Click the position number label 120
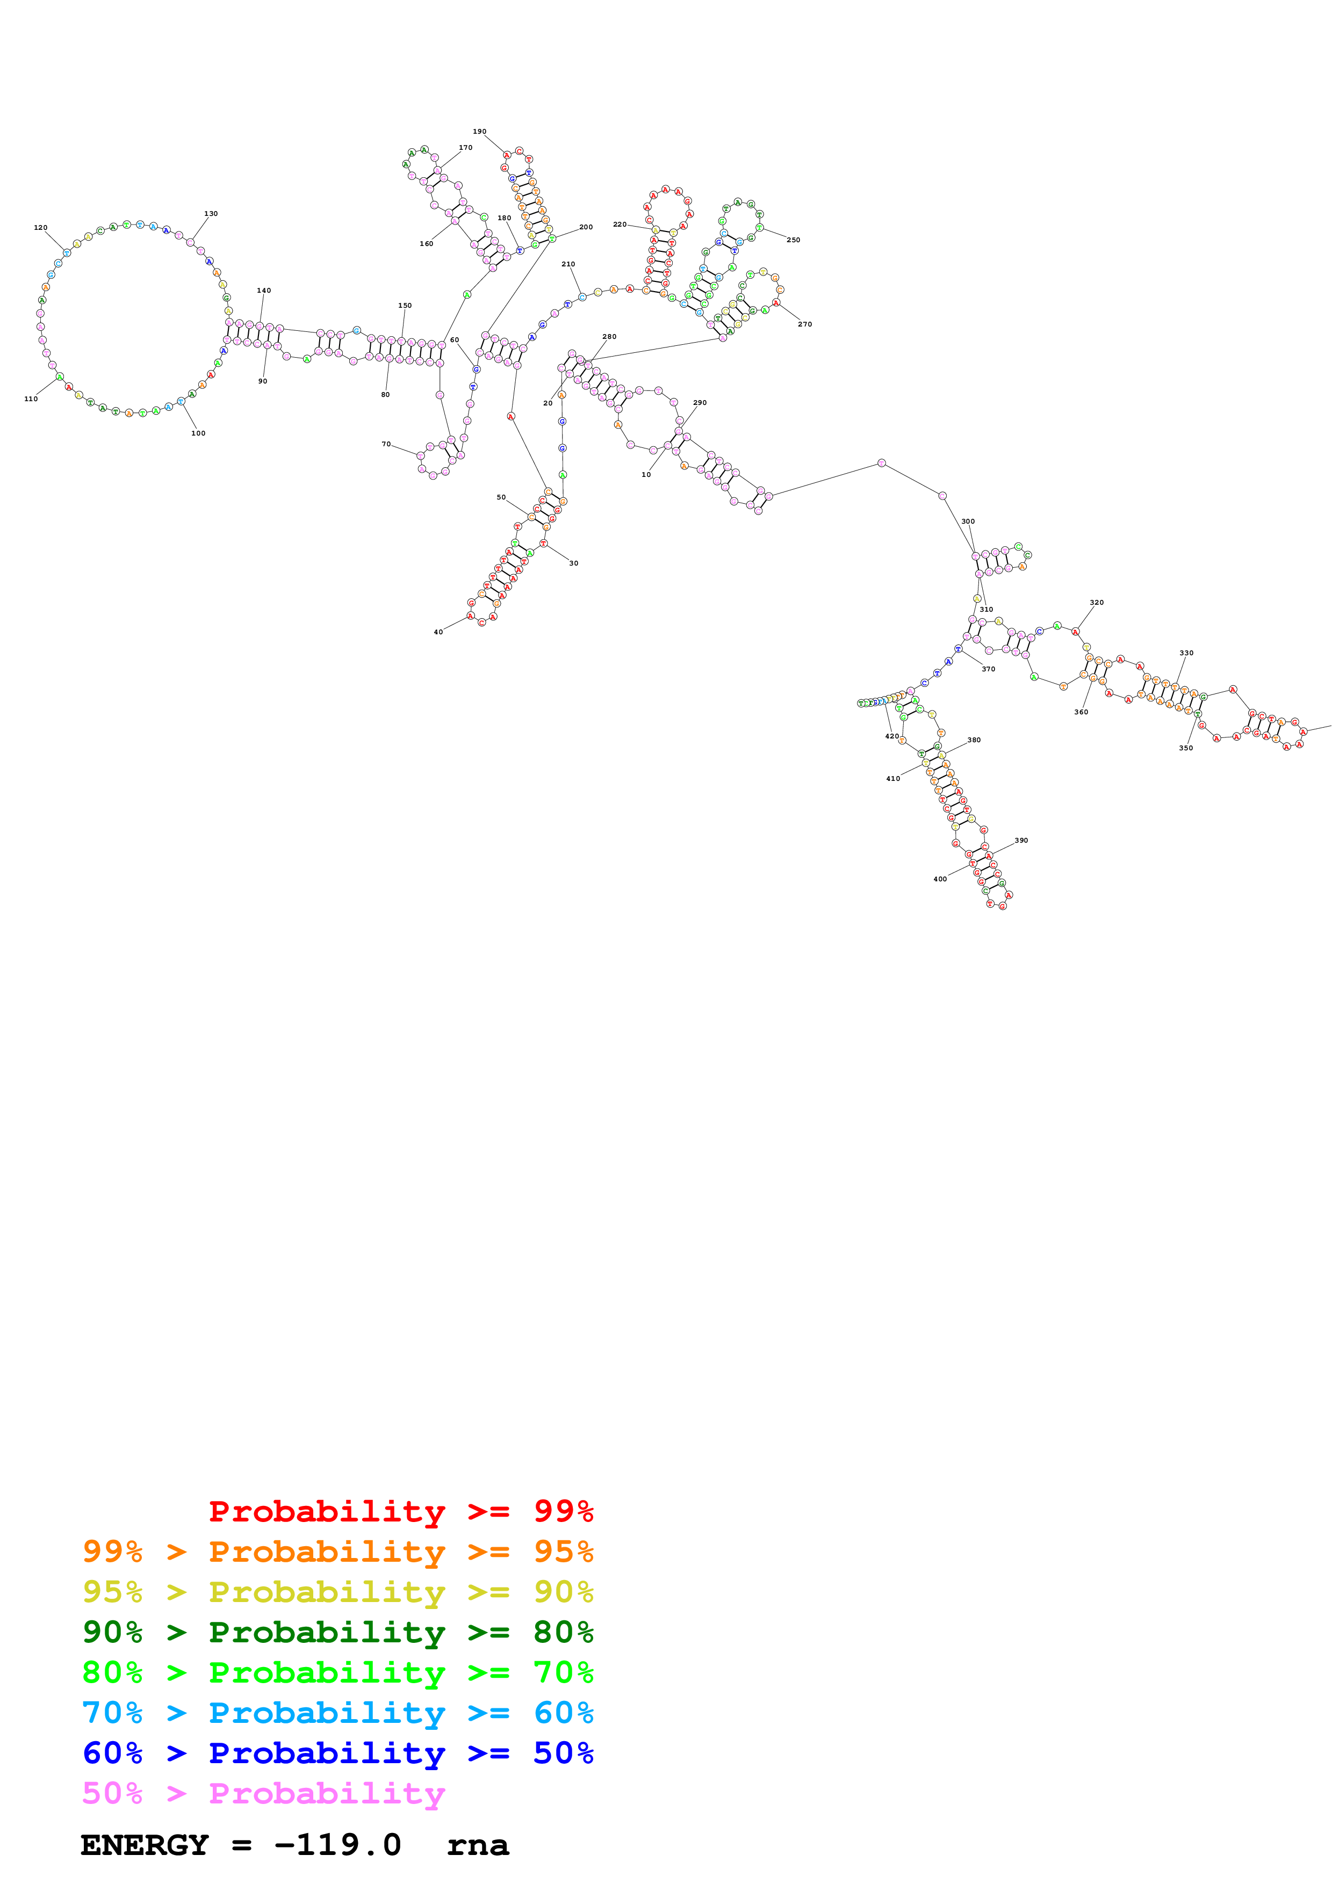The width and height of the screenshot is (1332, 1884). point(40,227)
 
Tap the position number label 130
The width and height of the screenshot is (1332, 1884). point(211,213)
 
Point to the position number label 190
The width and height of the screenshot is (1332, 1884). point(479,131)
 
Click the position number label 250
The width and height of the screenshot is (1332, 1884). point(793,240)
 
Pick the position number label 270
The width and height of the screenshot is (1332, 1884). point(804,324)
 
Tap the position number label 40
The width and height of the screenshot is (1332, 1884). point(438,632)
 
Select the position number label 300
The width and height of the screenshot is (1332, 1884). point(968,521)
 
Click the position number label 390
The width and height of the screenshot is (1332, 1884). point(1021,840)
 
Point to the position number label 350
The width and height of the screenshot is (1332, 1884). point(1186,748)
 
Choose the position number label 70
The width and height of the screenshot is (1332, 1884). point(386,444)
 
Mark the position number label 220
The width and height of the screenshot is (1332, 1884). point(620,224)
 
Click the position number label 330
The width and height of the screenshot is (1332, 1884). point(1186,653)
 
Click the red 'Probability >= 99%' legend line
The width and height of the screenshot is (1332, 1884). point(400,1511)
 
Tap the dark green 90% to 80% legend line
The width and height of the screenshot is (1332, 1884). point(337,1632)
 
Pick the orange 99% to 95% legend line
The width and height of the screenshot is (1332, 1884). point(337,1552)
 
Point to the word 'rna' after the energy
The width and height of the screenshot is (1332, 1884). point(478,1845)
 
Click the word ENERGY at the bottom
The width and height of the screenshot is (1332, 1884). point(145,1845)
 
